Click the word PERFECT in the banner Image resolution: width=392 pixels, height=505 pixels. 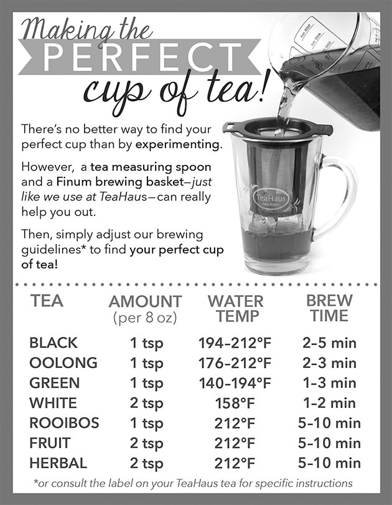(142, 57)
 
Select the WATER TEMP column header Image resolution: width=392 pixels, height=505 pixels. (236, 308)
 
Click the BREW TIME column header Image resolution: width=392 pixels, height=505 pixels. (329, 308)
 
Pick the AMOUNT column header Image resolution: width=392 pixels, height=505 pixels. (145, 302)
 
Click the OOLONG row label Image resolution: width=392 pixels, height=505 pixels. (63, 363)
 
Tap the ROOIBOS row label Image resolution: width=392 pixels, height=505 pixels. (64, 423)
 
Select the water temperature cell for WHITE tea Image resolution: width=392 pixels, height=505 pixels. (235, 403)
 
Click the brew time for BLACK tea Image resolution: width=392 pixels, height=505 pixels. (329, 343)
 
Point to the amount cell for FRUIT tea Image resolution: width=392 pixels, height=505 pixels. (146, 444)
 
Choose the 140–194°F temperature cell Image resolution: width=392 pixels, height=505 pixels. (235, 383)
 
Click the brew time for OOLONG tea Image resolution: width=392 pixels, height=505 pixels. (329, 363)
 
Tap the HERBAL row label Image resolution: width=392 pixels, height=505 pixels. (58, 463)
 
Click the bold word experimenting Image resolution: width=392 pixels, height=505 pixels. (179, 144)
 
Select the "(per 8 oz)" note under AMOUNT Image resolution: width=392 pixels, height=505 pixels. (145, 318)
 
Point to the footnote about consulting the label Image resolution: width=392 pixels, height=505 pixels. (193, 483)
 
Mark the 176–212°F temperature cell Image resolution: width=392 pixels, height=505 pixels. (235, 363)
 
